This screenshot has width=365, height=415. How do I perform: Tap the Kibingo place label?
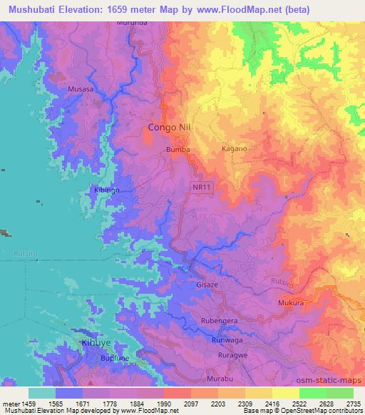click(x=106, y=191)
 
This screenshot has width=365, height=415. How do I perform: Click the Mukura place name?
click(x=291, y=303)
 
